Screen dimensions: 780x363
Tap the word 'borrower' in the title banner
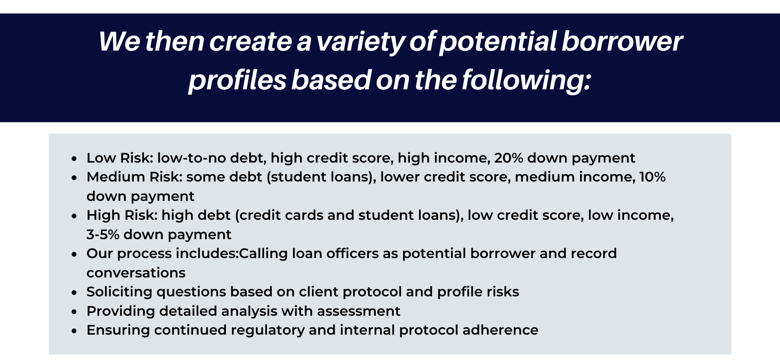coord(622,41)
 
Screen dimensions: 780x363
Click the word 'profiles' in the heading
coord(237,80)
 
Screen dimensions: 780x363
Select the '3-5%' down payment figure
coord(103,234)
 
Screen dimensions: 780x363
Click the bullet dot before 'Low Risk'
coord(74,159)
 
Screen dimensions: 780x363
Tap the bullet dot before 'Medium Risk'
coord(74,178)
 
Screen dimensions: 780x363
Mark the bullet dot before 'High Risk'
coord(74,216)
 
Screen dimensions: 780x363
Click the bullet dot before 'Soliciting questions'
coord(74,293)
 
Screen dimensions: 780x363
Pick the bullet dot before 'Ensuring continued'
coord(74,331)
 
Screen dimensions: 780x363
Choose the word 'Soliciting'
coord(120,293)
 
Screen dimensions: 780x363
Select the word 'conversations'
coord(136,273)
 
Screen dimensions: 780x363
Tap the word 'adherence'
coord(501,330)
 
